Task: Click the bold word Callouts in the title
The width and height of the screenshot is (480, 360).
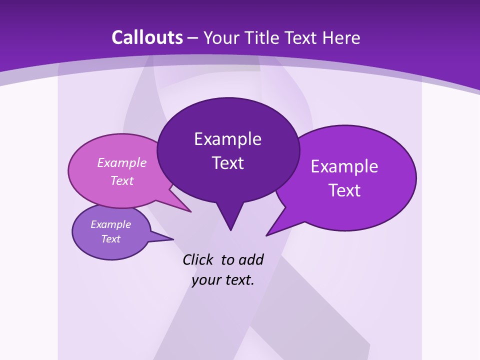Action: [147, 37]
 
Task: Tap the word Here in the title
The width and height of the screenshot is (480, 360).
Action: [341, 37]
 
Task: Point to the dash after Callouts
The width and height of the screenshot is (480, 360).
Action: [193, 38]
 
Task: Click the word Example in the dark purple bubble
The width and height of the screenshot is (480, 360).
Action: [227, 139]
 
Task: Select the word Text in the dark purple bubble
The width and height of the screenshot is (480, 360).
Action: [227, 163]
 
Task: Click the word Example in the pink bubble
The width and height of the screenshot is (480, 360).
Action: [122, 162]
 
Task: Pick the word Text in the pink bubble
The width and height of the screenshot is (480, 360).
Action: [122, 180]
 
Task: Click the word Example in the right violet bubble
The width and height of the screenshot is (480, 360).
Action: [344, 166]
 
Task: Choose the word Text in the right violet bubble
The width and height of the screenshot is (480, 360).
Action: [344, 190]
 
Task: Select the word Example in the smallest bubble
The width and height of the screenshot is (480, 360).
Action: [110, 224]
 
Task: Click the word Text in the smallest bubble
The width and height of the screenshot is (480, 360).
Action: [110, 239]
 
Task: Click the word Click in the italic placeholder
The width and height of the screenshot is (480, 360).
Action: [198, 259]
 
